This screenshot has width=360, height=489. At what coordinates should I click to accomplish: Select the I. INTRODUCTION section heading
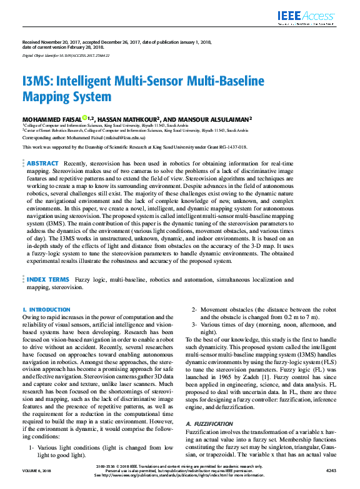coord(46,310)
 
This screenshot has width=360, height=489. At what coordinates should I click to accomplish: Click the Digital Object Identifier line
coord(66,56)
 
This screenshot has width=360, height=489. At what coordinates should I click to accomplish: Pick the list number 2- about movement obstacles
coord(194,310)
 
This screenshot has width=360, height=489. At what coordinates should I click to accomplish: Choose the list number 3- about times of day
coord(194,325)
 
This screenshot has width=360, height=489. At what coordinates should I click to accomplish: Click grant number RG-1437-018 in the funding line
coord(232,147)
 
